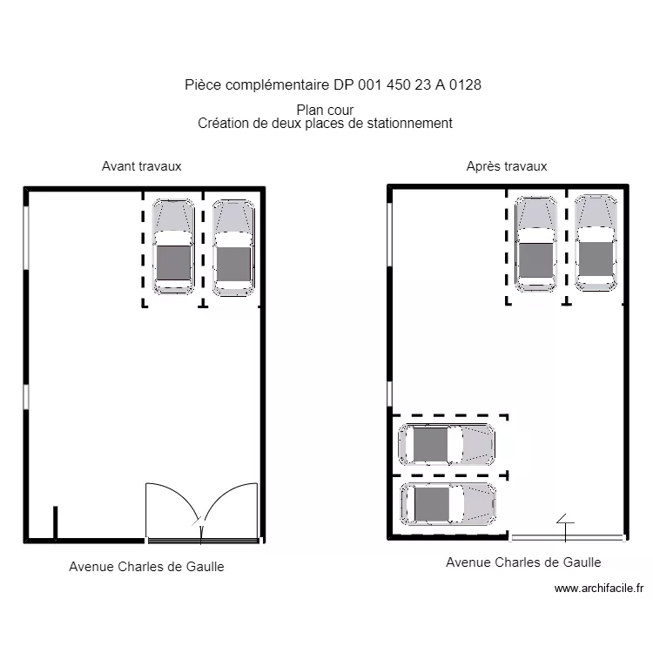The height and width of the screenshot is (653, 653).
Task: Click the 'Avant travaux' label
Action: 142,166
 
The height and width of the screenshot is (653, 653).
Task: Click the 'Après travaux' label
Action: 507,166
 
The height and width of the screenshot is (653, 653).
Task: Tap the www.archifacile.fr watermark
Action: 600,589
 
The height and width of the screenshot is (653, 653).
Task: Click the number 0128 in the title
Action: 465,84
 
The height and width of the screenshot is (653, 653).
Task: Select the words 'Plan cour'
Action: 325,110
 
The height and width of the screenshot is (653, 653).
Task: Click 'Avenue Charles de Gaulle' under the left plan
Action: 146,567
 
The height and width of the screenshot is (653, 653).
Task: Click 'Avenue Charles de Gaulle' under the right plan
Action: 523,562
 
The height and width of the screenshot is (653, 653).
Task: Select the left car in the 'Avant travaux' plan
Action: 173,246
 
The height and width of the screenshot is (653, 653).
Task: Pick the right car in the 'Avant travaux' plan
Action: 233,247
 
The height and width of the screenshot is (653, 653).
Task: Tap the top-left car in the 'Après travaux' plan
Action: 535,243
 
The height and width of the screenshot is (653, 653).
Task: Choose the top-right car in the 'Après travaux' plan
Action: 596,242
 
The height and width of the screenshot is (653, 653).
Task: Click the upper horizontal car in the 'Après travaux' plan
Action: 447,444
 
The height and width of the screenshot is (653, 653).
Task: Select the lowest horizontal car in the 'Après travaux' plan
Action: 448,503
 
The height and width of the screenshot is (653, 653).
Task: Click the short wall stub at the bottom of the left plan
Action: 55,523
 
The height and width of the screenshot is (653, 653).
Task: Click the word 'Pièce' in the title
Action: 203,84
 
